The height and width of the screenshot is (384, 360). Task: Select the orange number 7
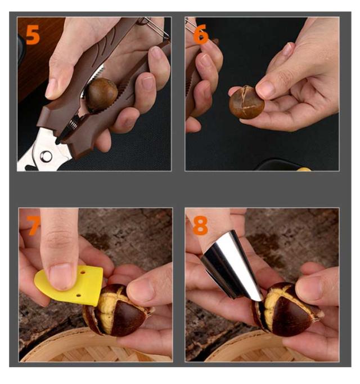coord(33,225)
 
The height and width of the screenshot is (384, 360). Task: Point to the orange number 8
coord(200,225)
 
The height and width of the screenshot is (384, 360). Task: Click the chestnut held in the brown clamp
coord(102,94)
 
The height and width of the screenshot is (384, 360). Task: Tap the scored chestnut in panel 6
coord(247,102)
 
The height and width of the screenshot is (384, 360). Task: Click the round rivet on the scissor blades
coord(46,157)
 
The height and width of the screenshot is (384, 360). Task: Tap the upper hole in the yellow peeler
coord(83,272)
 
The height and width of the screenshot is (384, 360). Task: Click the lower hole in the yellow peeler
coord(78,296)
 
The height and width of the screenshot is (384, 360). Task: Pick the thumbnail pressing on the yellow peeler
coord(60,276)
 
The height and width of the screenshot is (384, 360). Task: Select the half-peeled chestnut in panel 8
coord(286,309)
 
